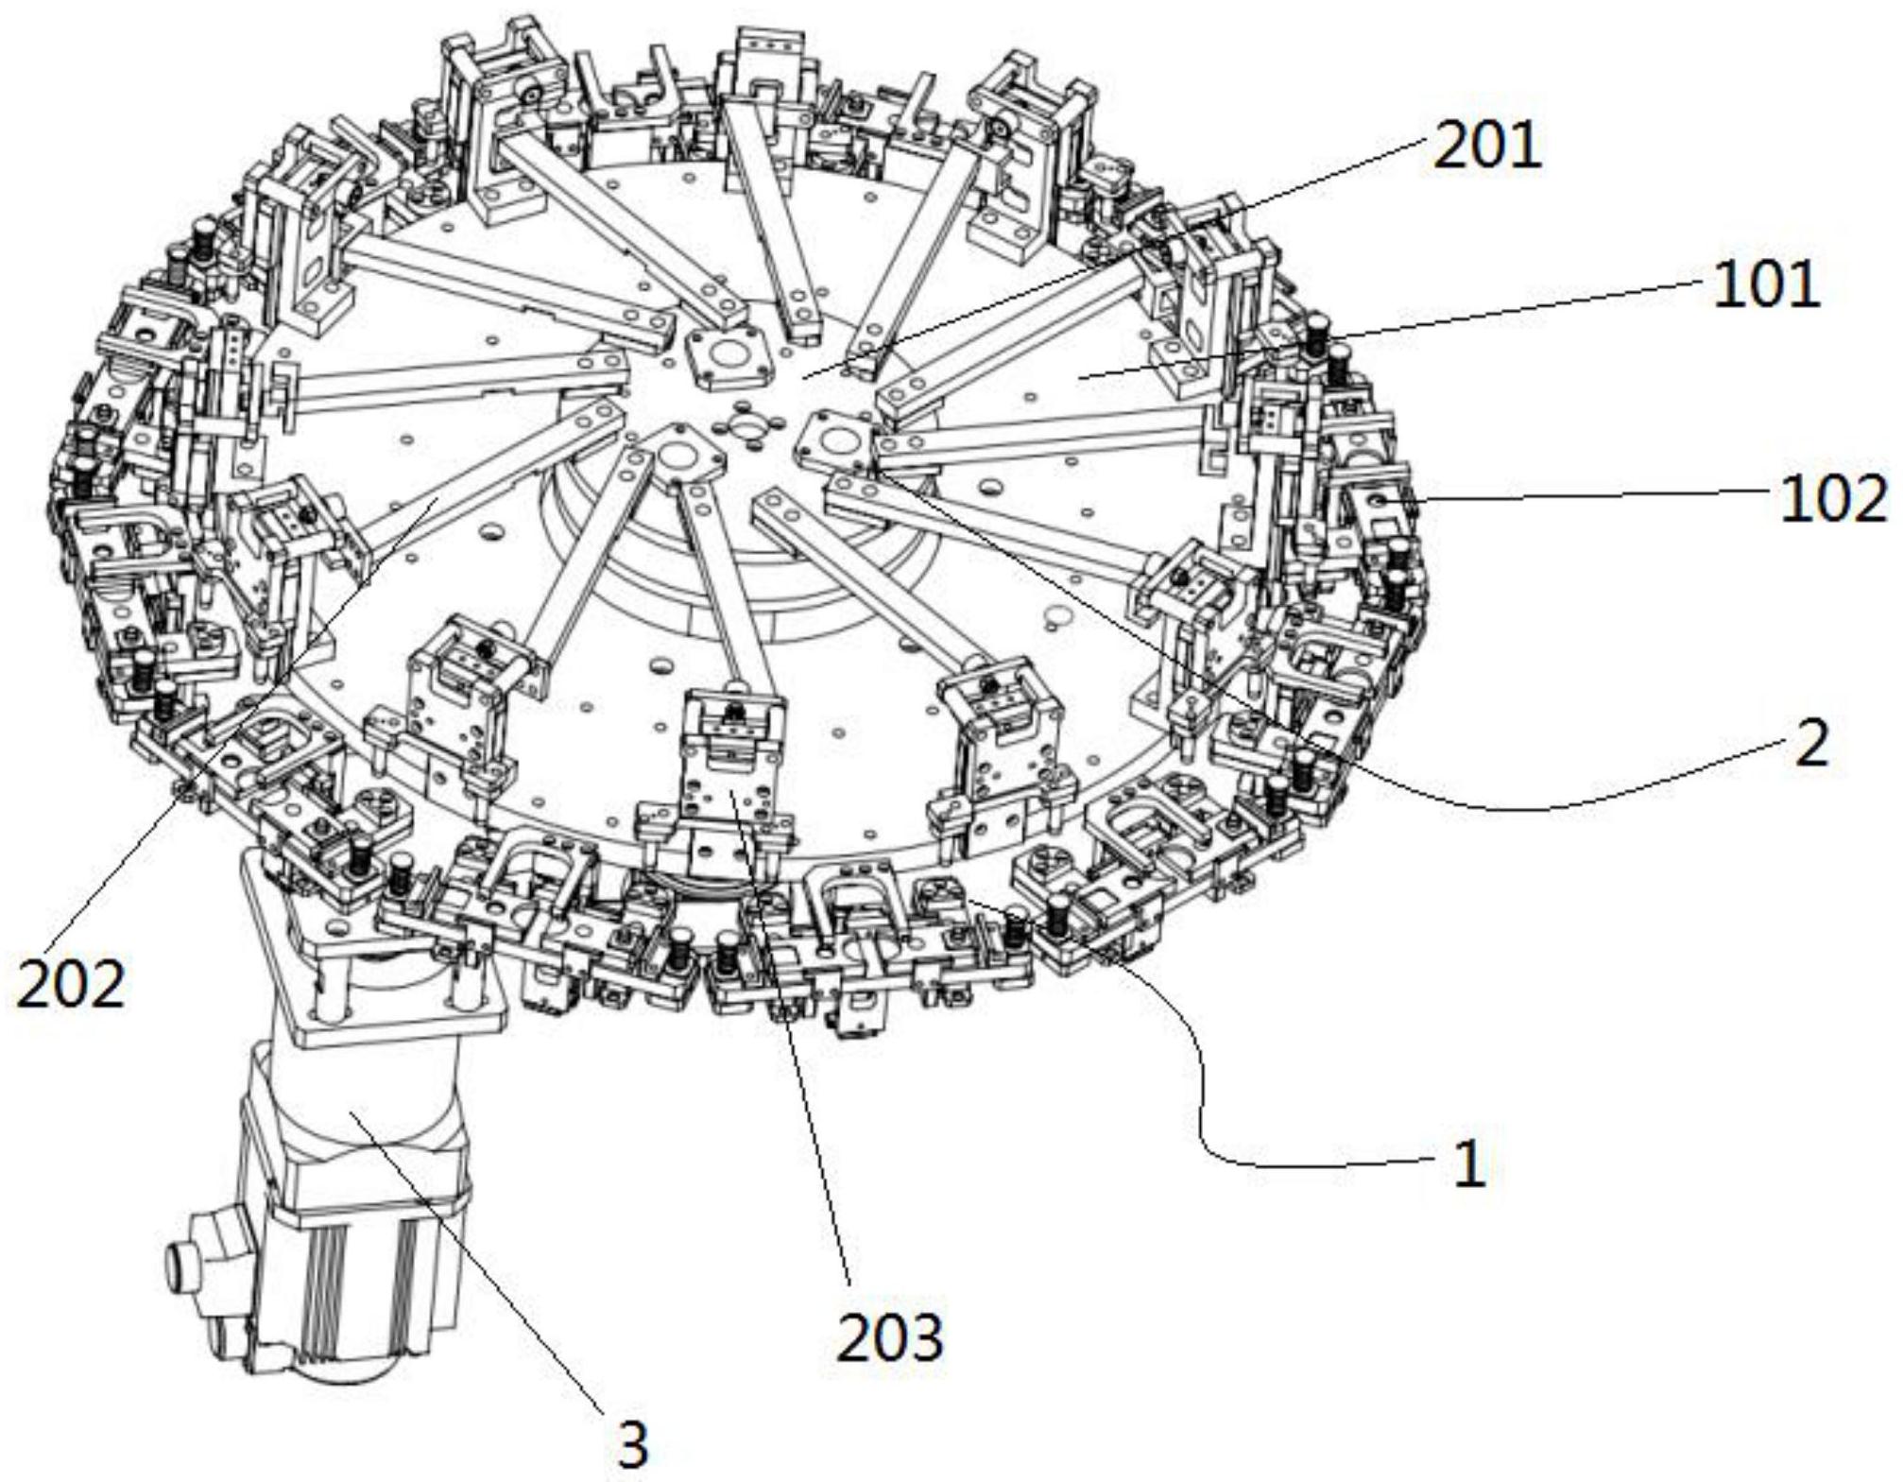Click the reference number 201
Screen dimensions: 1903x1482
click(1486, 146)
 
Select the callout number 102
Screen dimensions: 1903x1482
click(1834, 498)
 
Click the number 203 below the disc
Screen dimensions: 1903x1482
click(890, 1337)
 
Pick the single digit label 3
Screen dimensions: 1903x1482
click(632, 1445)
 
